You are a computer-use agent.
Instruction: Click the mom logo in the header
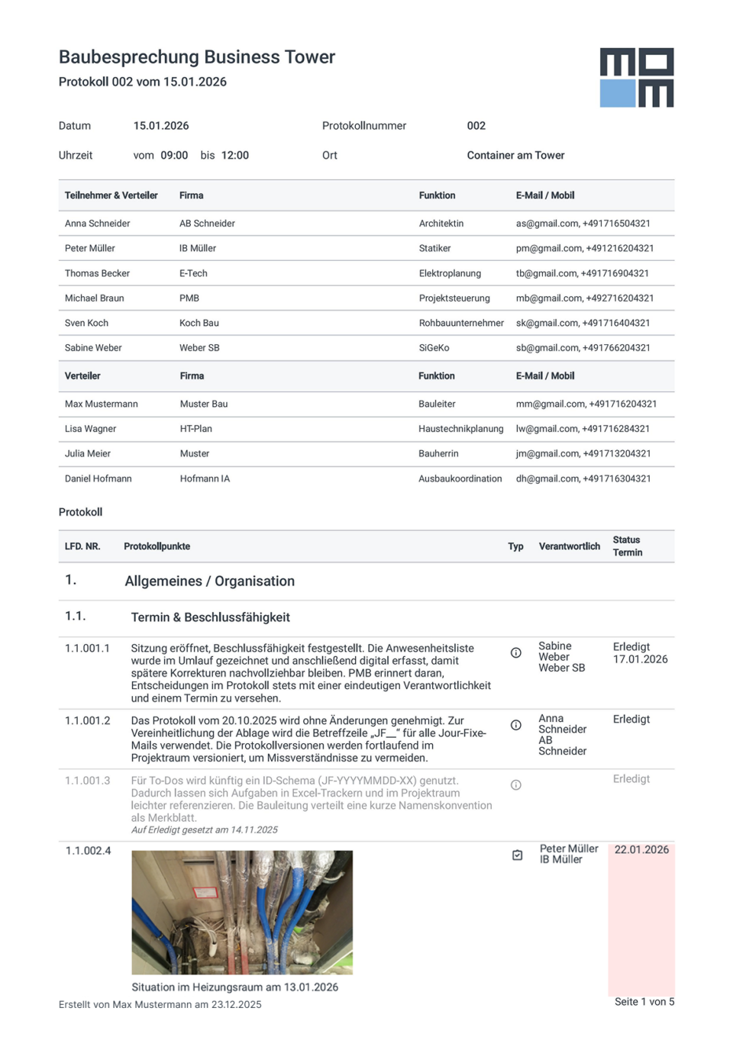pos(636,78)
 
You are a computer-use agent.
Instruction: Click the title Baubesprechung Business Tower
pos(197,57)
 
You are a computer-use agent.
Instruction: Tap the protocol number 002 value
pos(476,126)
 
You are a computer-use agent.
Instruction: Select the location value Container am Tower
pos(515,156)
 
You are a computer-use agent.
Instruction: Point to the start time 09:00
pos(174,156)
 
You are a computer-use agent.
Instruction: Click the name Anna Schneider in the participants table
pos(97,224)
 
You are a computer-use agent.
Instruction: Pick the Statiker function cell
pos(434,249)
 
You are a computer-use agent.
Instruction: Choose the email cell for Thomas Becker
pos(582,273)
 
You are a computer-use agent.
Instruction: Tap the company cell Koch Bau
pos(199,324)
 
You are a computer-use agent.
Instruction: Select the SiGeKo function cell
pos(434,348)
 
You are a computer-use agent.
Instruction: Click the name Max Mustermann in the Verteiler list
pos(101,404)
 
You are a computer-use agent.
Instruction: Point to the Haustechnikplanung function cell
pos(460,429)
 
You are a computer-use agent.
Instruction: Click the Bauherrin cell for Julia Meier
pos(438,454)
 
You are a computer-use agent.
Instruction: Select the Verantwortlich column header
pos(569,546)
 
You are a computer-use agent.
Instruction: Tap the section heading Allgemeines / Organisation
pos(209,581)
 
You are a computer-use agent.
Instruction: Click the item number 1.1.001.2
pos(87,721)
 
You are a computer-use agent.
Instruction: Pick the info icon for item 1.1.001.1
pos(516,652)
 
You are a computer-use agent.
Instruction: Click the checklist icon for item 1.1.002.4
pos(517,855)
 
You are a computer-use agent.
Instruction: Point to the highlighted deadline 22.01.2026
pos(641,850)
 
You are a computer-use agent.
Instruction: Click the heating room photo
pos(242,913)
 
